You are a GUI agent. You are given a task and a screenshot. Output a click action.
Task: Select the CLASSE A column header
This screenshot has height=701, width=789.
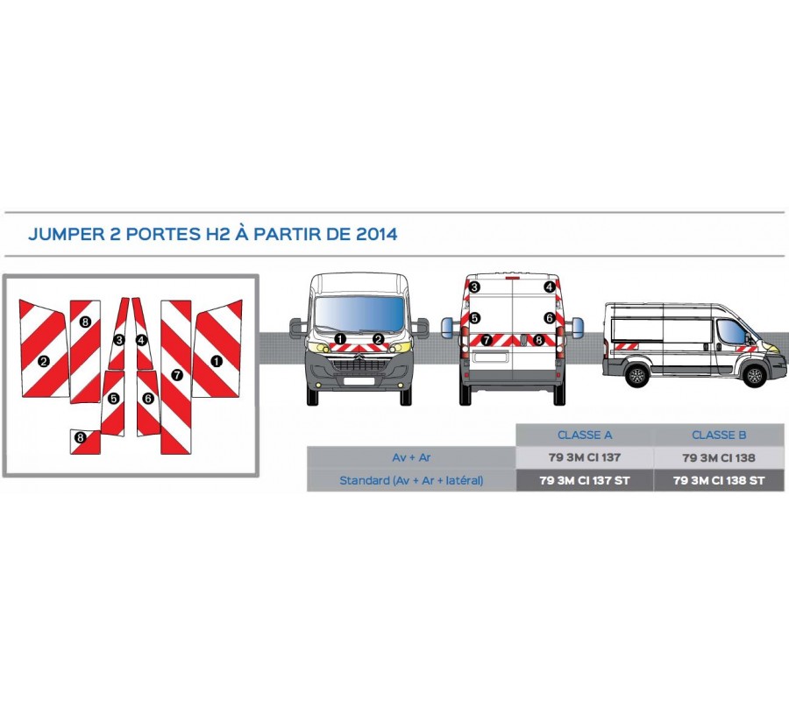coord(585,435)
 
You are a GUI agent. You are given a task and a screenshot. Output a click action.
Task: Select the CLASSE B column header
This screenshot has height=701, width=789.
coord(719,435)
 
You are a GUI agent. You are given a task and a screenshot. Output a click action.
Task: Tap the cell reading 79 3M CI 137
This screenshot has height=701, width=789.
coord(585,457)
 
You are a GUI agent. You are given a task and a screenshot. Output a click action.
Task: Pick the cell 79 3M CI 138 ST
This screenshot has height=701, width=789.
coord(719,480)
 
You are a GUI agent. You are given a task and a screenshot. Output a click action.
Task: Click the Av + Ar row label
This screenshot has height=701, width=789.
coord(411,457)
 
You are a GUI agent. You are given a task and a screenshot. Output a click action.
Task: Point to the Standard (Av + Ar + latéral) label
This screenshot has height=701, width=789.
coord(411,480)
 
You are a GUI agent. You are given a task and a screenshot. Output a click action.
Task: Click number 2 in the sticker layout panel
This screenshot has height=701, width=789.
coord(43,360)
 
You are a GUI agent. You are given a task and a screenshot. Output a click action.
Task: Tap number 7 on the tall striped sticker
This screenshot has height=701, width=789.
coord(176,375)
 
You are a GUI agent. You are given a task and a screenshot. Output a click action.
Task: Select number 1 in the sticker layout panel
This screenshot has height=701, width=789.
coord(215,360)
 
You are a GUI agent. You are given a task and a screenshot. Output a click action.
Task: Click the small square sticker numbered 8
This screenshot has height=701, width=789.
coord(81,437)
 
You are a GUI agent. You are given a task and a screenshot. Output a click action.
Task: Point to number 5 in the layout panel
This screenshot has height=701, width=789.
coord(113,399)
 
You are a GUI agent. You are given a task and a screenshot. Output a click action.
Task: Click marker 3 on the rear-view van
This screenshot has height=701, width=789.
coord(474,287)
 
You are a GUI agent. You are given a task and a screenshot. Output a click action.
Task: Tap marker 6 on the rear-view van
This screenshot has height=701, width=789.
coord(550,318)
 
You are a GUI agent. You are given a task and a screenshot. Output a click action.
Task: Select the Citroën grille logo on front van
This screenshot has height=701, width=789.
coord(359,358)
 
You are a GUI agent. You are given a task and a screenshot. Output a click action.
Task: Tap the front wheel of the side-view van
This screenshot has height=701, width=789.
coord(754,376)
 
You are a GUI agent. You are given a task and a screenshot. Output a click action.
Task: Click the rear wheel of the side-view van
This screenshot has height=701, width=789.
coord(637,376)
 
